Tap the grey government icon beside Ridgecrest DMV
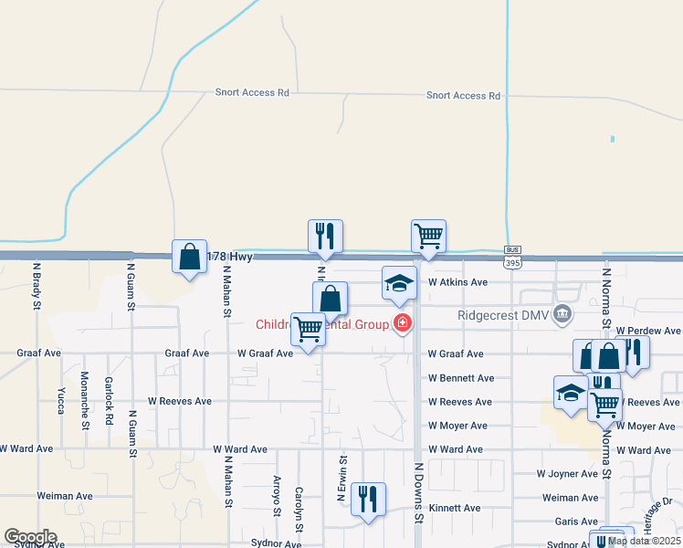pyautogui.click(x=563, y=314)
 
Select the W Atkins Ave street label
pyautogui.click(x=457, y=282)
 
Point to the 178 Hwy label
pyautogui.click(x=229, y=258)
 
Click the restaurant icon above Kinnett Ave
pyautogui.click(x=368, y=499)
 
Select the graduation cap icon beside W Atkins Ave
pyautogui.click(x=399, y=283)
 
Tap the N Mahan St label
pyautogui.click(x=226, y=291)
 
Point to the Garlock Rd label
pyautogui.click(x=108, y=407)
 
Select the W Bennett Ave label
pyautogui.click(x=461, y=378)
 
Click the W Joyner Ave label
pyautogui.click(x=567, y=474)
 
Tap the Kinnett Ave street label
pyautogui.click(x=455, y=508)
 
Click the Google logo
pyautogui.click(x=30, y=537)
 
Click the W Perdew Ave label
pyautogui.click(x=648, y=331)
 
